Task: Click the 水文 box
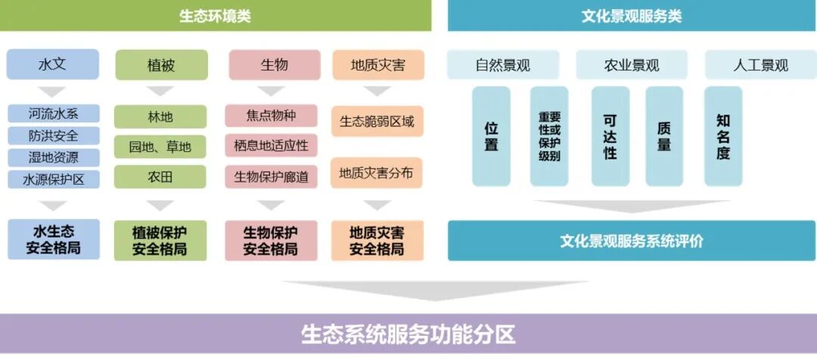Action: (x=53, y=64)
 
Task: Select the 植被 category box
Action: (x=161, y=65)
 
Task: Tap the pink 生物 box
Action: (x=274, y=64)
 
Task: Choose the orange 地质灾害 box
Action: (x=377, y=65)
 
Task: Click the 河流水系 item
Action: (x=54, y=114)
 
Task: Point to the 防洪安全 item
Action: (x=54, y=136)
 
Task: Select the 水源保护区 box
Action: (x=54, y=180)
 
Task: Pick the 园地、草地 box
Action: (x=160, y=147)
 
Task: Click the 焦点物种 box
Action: (x=271, y=116)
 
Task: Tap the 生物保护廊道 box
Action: (x=271, y=176)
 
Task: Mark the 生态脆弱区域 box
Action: (x=377, y=121)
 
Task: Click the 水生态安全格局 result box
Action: (x=53, y=239)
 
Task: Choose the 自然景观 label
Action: (x=503, y=65)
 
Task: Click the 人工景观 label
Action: (x=760, y=65)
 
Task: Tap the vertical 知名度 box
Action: (x=723, y=136)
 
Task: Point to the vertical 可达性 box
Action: (x=610, y=136)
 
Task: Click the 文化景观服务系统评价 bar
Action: (x=632, y=241)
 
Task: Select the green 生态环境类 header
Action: (x=215, y=16)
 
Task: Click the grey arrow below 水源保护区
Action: (x=53, y=205)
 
